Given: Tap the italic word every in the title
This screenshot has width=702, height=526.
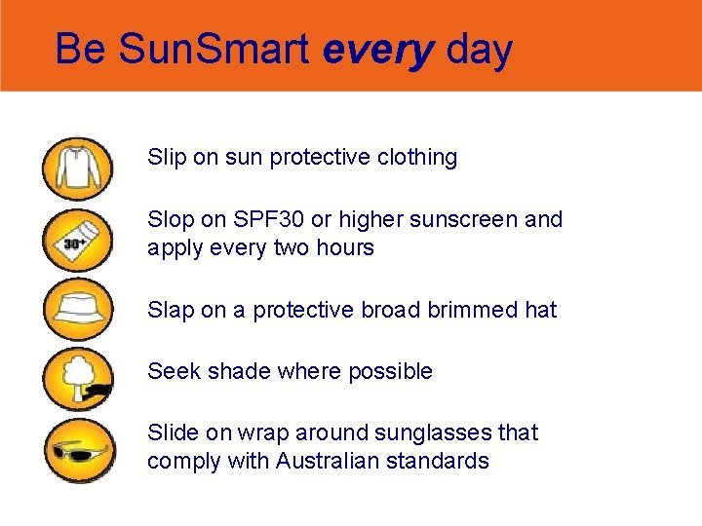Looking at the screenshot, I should pyautogui.click(x=377, y=50).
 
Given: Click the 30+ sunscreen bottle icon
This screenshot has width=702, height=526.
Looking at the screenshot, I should pyautogui.click(x=77, y=240).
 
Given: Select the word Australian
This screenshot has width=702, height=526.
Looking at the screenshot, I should pyautogui.click(x=331, y=461).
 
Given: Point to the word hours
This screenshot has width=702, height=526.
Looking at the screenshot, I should pyautogui.click(x=344, y=247).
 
